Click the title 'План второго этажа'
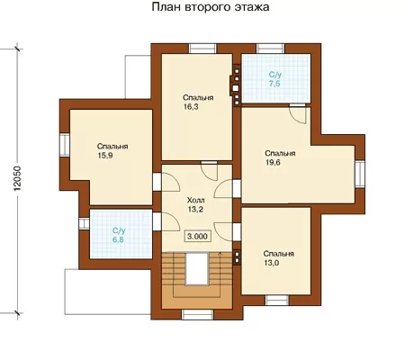pos(211,7)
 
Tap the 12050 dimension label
pos(17,179)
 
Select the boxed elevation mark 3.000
pos(197,236)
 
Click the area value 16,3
pos(191,107)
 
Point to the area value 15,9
pos(105,156)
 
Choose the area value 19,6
pos(273,163)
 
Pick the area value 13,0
pos(271,263)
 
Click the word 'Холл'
pos(195,200)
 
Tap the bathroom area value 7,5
pos(274,84)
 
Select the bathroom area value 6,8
pos(118,240)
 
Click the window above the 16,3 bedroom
pos(202,49)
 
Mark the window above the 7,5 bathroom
pos(271,49)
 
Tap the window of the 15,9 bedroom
pos(65,145)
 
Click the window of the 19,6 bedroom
pos(360,174)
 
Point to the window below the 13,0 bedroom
pos(277,300)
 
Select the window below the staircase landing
pos(197,314)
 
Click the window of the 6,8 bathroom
pos(85,223)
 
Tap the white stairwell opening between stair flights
pos(197,269)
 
